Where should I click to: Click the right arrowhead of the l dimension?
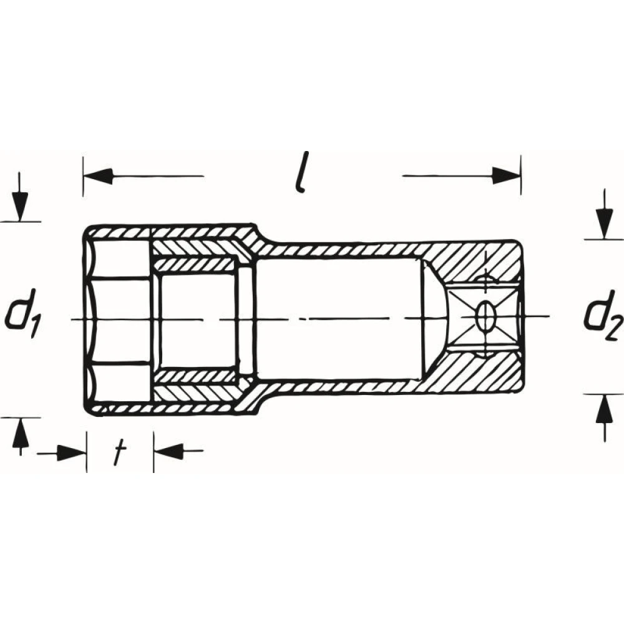(x=506, y=175)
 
